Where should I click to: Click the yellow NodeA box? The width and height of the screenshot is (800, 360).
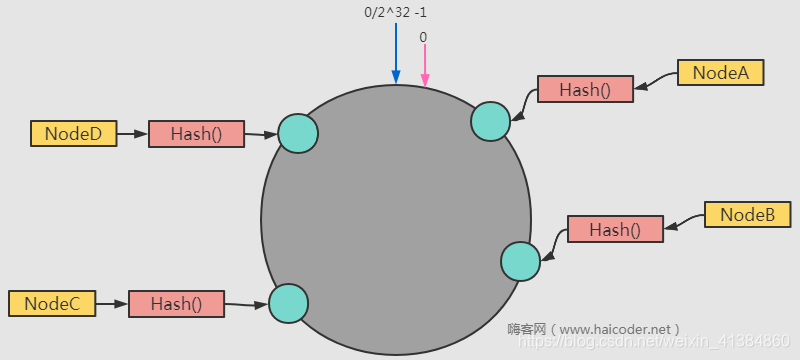pyautogui.click(x=720, y=73)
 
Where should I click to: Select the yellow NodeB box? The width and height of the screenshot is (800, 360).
pyautogui.click(x=748, y=215)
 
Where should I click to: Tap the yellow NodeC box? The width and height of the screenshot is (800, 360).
pyautogui.click(x=52, y=303)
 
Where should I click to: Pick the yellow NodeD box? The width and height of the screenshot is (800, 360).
pyautogui.click(x=74, y=133)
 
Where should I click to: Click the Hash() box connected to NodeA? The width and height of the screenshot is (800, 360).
pyautogui.click(x=585, y=89)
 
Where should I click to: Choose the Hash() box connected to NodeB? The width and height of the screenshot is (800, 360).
pyautogui.click(x=615, y=229)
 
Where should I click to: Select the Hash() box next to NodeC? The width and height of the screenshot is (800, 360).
pyautogui.click(x=176, y=304)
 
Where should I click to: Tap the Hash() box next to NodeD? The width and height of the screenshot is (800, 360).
pyautogui.click(x=196, y=134)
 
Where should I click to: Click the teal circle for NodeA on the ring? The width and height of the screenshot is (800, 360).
pyautogui.click(x=491, y=120)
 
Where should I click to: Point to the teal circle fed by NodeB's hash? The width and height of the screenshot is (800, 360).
pyautogui.click(x=521, y=261)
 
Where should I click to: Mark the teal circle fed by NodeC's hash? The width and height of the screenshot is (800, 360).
pyautogui.click(x=288, y=303)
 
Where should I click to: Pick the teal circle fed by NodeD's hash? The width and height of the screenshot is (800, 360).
pyautogui.click(x=298, y=133)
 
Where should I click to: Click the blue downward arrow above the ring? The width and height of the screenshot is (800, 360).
pyautogui.click(x=396, y=54)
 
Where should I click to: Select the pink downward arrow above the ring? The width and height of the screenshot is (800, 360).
pyautogui.click(x=424, y=66)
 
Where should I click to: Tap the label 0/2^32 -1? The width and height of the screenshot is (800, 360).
pyautogui.click(x=396, y=13)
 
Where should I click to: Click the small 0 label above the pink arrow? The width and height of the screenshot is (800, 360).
pyautogui.click(x=423, y=37)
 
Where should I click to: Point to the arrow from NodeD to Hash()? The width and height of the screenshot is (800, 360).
pyautogui.click(x=132, y=133)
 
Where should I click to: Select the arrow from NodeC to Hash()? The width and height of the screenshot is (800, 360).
pyautogui.click(x=112, y=303)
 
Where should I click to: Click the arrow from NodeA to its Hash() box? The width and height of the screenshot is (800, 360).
pyautogui.click(x=656, y=81)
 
